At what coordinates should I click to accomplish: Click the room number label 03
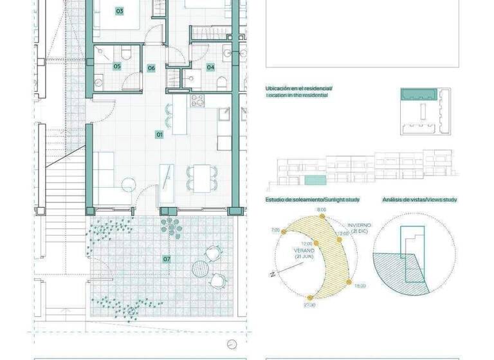120,11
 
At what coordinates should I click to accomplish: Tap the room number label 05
117,66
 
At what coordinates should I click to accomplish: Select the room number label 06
152,67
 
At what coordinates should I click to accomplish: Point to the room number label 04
210,67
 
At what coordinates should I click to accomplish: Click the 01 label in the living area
160,134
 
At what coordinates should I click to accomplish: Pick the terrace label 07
167,259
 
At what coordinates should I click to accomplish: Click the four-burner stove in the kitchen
197,101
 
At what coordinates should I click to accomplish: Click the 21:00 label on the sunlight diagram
310,305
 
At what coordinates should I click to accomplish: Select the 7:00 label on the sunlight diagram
275,230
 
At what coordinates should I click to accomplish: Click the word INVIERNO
360,225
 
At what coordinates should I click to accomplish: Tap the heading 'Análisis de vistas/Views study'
419,200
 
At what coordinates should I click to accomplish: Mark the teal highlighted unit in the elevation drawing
314,179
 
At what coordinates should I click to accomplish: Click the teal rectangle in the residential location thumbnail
419,94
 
